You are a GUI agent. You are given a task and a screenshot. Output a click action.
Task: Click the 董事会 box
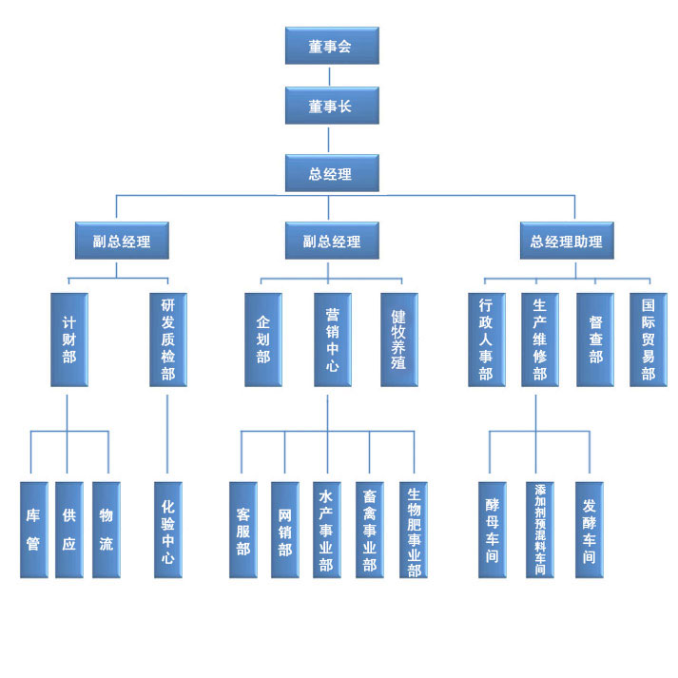pyautogui.click(x=331, y=46)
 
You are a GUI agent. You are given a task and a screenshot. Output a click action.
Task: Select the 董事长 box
pyautogui.click(x=331, y=106)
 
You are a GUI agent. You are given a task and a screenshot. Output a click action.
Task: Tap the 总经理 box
pyautogui.click(x=331, y=173)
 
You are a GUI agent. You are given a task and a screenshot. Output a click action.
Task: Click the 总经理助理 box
pyautogui.click(x=567, y=241)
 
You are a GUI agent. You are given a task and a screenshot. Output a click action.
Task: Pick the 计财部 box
pyautogui.click(x=68, y=339)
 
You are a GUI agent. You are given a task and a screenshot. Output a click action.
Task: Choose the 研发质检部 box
pyautogui.click(x=167, y=339)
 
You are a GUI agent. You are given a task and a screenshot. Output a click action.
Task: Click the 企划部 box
pyautogui.click(x=263, y=339)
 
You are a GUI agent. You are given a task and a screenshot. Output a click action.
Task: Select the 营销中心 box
pyautogui.click(x=332, y=339)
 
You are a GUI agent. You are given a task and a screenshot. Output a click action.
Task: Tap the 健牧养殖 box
pyautogui.click(x=399, y=339)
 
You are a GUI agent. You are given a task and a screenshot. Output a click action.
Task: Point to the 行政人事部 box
pyautogui.click(x=486, y=339)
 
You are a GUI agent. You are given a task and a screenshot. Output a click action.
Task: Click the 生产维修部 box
pyautogui.click(x=539, y=339)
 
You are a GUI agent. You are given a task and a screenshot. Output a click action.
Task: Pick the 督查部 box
pyautogui.click(x=595, y=339)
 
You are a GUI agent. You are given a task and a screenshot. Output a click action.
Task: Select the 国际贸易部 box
pyautogui.click(x=649, y=339)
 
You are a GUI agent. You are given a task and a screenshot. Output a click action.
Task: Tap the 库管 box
pyautogui.click(x=33, y=530)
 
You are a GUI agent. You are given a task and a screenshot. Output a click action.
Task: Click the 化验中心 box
pyautogui.click(x=167, y=530)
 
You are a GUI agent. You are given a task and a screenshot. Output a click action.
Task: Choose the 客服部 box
pyautogui.click(x=242, y=530)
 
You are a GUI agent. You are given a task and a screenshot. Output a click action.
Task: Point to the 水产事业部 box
pyautogui.click(x=326, y=530)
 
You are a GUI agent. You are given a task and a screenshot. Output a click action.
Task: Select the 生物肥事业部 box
pyautogui.click(x=414, y=530)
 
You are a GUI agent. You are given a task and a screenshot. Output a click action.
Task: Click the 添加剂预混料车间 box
pyautogui.click(x=539, y=530)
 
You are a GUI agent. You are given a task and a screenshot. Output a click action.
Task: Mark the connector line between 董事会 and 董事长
pyautogui.click(x=331, y=75)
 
